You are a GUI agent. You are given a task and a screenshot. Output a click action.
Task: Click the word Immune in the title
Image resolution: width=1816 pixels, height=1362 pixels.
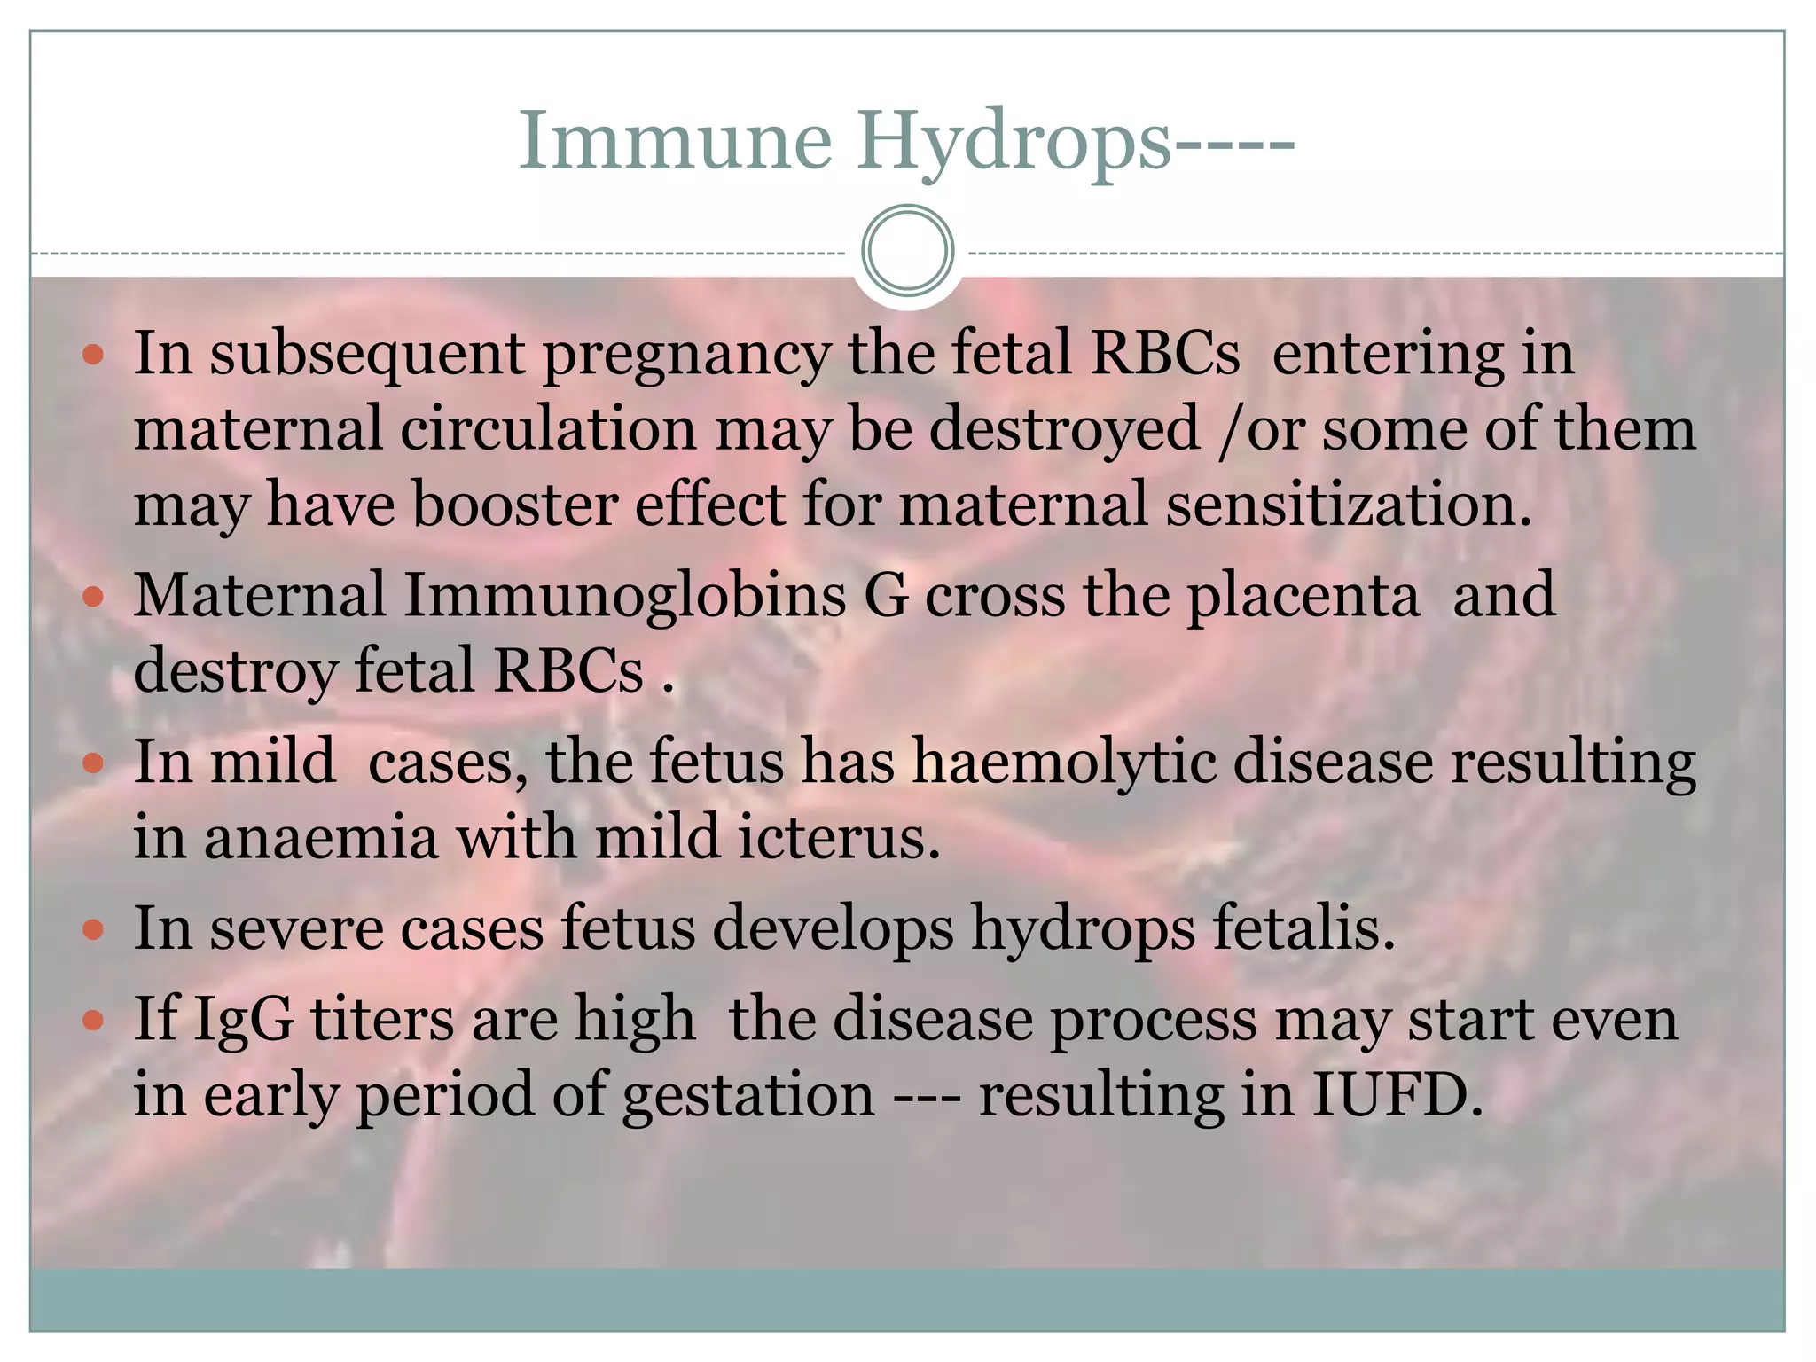(x=675, y=141)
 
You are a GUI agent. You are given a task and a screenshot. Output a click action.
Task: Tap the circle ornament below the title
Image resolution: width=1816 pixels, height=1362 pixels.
(x=907, y=251)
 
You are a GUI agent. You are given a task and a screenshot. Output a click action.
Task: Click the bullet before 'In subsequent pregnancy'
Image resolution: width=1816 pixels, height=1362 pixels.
(x=93, y=356)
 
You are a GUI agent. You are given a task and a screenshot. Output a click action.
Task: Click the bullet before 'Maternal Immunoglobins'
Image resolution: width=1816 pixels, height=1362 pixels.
(x=93, y=597)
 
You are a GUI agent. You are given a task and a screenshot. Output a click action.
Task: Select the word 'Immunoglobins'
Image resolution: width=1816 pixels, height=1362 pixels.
(x=625, y=595)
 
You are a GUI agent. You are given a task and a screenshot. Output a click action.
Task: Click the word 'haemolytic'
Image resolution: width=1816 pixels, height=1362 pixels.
(x=1064, y=763)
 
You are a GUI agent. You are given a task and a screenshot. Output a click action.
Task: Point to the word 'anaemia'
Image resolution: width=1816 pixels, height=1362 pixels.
(x=321, y=837)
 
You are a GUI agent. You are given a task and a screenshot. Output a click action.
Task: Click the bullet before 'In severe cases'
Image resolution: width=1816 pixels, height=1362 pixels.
(x=93, y=930)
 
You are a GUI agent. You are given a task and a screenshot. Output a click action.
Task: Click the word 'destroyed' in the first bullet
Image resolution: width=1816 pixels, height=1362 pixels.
(x=1064, y=429)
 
